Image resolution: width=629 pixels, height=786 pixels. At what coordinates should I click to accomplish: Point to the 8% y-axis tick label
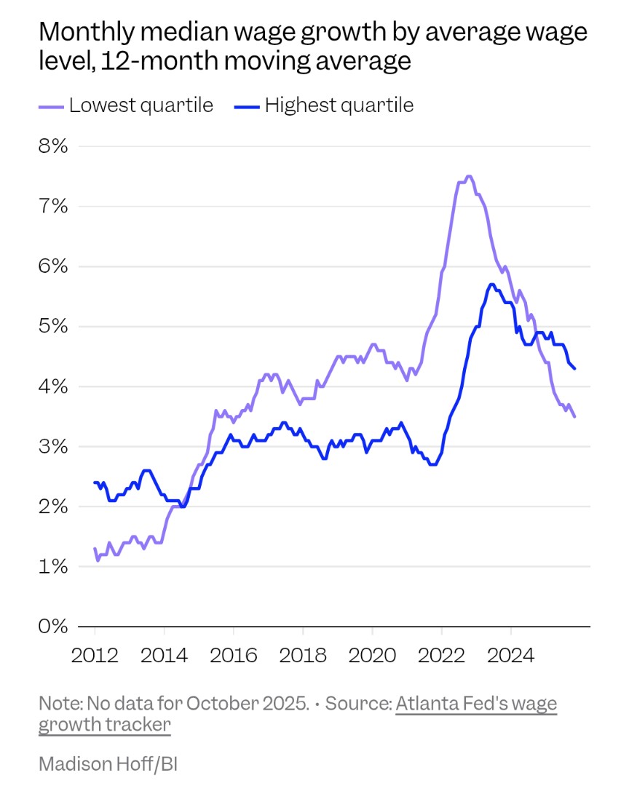point(52,146)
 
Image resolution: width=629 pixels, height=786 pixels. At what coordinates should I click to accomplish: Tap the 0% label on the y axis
point(52,627)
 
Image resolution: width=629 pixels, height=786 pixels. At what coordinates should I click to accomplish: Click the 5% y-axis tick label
point(52,326)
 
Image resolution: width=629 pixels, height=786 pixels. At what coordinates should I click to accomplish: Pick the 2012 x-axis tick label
point(95,654)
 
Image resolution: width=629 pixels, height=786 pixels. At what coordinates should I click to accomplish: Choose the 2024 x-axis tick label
point(510,654)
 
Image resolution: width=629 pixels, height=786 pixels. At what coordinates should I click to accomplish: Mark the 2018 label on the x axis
point(303,654)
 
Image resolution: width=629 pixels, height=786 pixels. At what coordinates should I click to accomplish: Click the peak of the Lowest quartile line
point(469,176)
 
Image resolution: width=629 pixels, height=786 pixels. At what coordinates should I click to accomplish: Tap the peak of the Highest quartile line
point(492,285)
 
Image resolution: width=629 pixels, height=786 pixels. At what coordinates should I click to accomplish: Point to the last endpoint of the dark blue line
point(575,369)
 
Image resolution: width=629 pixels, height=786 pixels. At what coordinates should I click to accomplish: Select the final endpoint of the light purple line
point(575,417)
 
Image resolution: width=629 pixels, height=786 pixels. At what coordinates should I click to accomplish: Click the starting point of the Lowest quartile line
point(95,548)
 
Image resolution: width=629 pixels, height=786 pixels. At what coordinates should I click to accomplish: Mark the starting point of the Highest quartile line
point(95,482)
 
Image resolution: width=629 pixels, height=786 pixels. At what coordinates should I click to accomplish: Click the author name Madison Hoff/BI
point(108,764)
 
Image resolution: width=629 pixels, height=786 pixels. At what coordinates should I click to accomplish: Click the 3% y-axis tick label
point(52,446)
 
